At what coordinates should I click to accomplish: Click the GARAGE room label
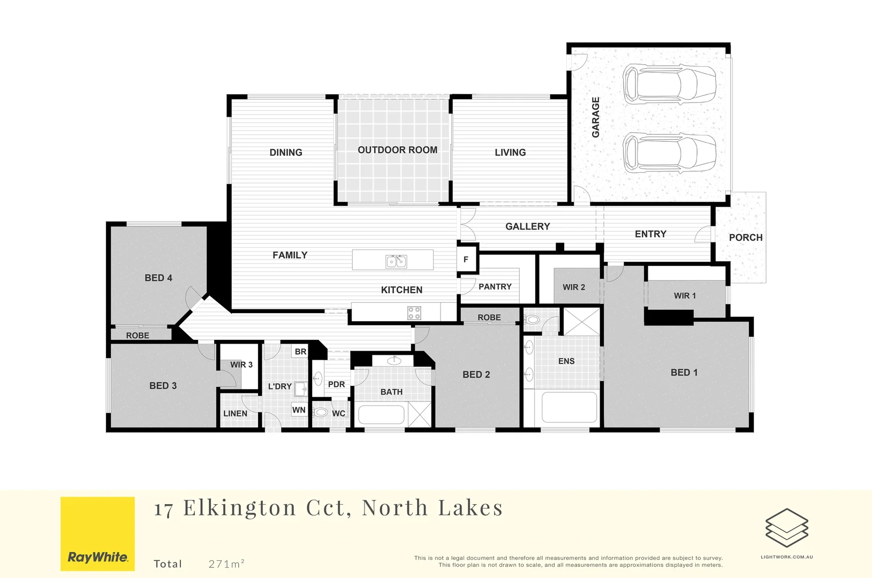[x=596, y=117]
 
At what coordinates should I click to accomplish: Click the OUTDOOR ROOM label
[x=397, y=150]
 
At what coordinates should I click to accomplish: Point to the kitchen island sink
[x=396, y=261]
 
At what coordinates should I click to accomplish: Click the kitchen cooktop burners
[x=414, y=313]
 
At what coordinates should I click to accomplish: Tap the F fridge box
[x=466, y=260]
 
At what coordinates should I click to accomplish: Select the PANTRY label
[x=495, y=287]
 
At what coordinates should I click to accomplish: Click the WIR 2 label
[x=574, y=287]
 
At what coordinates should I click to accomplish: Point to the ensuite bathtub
[x=569, y=408]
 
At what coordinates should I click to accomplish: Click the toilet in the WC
[x=321, y=413]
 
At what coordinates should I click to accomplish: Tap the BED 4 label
[x=158, y=278]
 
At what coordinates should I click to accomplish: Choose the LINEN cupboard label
[x=235, y=414]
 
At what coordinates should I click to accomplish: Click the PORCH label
[x=746, y=238]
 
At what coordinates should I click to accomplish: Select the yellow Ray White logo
[x=97, y=534]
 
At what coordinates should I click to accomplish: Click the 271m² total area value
[x=226, y=564]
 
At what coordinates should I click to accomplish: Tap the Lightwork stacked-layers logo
[x=786, y=528]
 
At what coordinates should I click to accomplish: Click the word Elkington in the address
[x=239, y=508]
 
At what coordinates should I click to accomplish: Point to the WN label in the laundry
[x=299, y=410]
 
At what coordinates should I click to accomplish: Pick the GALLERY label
[x=527, y=227]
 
